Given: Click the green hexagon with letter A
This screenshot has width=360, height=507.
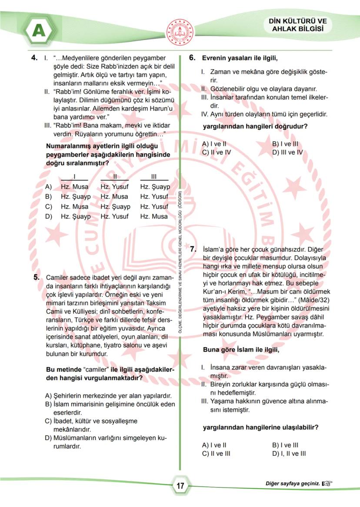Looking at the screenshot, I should tap(38, 30).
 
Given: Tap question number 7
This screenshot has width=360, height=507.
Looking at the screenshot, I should tap(193, 249).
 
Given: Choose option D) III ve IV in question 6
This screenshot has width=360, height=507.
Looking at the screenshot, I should tap(287, 152).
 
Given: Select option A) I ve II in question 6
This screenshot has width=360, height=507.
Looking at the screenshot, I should tap(214, 144).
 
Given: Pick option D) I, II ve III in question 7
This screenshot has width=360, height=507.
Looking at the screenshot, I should tap(289, 454).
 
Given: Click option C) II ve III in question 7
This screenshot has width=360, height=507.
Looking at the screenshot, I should tap(216, 454).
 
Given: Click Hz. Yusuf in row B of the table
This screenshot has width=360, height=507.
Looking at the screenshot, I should tap(154, 197).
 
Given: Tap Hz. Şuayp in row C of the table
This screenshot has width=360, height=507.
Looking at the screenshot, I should tap(115, 207).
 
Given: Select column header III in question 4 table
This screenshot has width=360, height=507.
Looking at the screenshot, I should tap(154, 176).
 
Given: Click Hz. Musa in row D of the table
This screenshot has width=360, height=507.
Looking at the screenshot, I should tap(154, 216).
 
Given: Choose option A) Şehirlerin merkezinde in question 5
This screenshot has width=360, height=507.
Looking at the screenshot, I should tap(108, 396).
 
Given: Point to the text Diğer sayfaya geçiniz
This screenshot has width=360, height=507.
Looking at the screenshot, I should tap(293, 483).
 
